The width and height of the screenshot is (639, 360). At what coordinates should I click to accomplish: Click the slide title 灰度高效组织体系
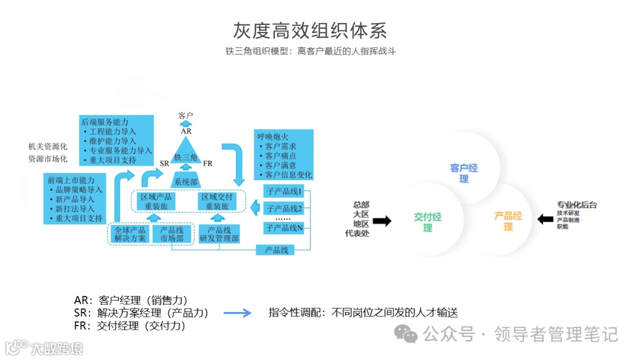tap(310, 30)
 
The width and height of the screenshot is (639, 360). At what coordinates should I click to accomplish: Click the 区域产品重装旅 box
tap(156, 201)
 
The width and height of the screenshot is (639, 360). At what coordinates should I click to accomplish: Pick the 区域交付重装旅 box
tap(219, 201)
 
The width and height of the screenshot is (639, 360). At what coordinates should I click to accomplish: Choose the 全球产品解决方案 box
tap(130, 234)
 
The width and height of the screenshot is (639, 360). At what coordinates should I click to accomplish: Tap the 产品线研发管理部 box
tap(219, 234)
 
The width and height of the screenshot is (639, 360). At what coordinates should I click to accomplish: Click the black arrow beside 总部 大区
tap(382, 221)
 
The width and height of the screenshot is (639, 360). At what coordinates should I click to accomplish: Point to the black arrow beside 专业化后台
tap(545, 220)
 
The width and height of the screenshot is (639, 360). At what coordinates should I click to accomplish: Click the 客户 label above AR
tap(186, 115)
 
